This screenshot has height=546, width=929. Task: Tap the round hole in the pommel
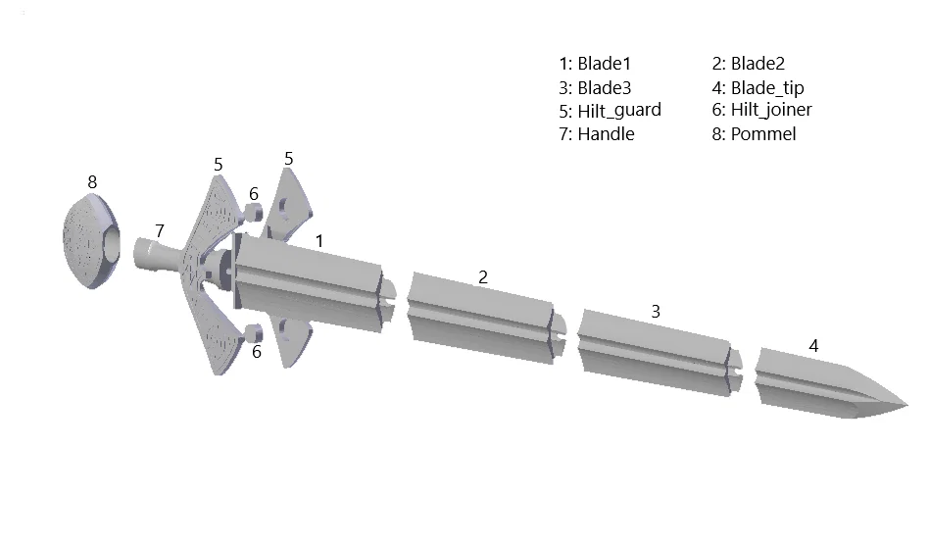112,247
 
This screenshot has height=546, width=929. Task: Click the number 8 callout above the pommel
92,182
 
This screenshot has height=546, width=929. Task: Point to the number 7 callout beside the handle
160,230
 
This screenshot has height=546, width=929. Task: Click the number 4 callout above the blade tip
813,346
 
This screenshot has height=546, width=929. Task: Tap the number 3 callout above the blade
656,312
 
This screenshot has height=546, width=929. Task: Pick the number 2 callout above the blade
483,276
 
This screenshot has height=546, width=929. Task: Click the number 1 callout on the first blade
319,241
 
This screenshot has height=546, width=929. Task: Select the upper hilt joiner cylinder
253,213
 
